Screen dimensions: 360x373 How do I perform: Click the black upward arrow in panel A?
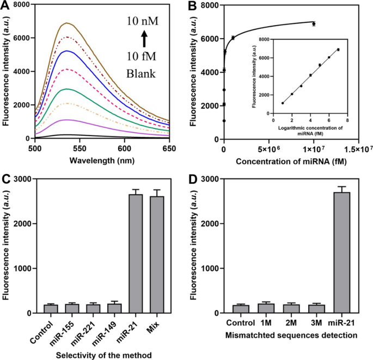click(x=144, y=39)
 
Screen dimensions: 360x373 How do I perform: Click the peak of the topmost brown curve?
click(x=67, y=23)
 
